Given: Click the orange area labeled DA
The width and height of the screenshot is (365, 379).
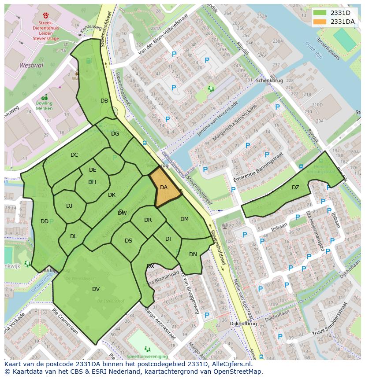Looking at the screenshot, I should click(164, 188).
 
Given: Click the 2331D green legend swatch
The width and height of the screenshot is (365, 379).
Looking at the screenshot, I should click(320, 13).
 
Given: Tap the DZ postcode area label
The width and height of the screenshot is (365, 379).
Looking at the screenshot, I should click(295, 188).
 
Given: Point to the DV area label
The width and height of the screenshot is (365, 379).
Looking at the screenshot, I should click(96, 289).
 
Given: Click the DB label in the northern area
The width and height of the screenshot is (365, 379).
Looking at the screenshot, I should click(104, 101).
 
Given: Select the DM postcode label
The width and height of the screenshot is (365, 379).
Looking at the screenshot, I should click(184, 219).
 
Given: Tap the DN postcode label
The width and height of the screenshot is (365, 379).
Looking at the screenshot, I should click(193, 254).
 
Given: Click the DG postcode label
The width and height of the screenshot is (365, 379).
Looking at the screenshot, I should click(115, 134).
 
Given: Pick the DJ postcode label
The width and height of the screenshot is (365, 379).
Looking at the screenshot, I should click(69, 206).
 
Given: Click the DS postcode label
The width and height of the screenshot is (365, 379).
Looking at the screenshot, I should click(128, 241).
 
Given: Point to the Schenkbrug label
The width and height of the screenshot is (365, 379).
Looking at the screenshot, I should click(269, 81).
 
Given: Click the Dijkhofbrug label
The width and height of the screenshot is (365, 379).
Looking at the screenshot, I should click(243, 323).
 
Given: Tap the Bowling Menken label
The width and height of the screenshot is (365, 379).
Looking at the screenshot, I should click(44, 106).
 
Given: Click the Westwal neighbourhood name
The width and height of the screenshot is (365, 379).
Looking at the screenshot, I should click(31, 65).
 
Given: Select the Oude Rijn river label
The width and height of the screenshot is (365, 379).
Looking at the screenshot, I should click(314, 51).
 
